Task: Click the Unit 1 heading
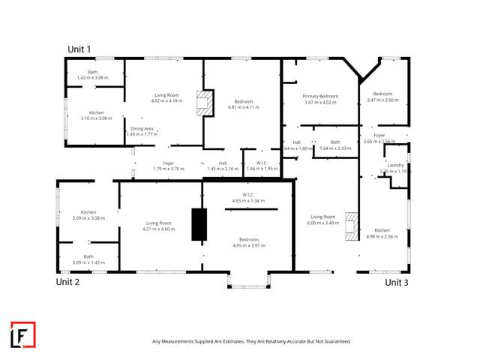pos(79,49)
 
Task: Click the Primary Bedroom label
pos(320,96)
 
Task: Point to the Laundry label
pos(396,165)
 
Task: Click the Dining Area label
pos(142,129)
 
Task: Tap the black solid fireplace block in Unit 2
pos(199,224)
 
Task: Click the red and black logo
pos(22,335)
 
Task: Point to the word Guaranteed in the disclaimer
pos(334,341)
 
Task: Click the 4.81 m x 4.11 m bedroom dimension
pos(243,107)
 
